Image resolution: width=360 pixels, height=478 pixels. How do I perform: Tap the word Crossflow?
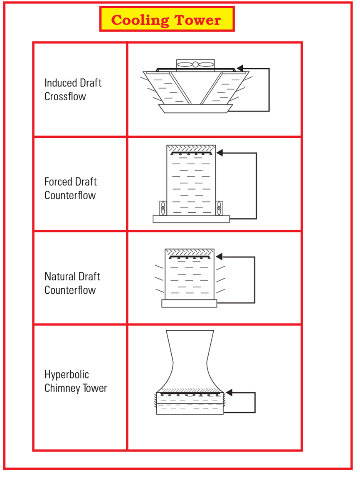65,97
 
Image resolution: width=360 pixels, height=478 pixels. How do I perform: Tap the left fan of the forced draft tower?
163,208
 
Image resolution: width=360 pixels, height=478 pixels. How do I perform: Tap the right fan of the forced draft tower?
219,208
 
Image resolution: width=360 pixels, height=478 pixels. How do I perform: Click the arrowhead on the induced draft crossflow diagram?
240,68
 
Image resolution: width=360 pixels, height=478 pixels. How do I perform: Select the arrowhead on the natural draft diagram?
219,256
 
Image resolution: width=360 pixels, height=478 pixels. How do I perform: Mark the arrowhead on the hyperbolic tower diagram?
229,392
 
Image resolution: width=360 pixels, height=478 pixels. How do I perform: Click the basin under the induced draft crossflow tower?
195,109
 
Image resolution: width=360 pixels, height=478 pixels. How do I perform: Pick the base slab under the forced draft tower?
191,219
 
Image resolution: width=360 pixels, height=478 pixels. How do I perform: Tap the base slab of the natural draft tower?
189,303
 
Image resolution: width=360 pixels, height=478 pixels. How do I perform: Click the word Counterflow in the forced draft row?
70,196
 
